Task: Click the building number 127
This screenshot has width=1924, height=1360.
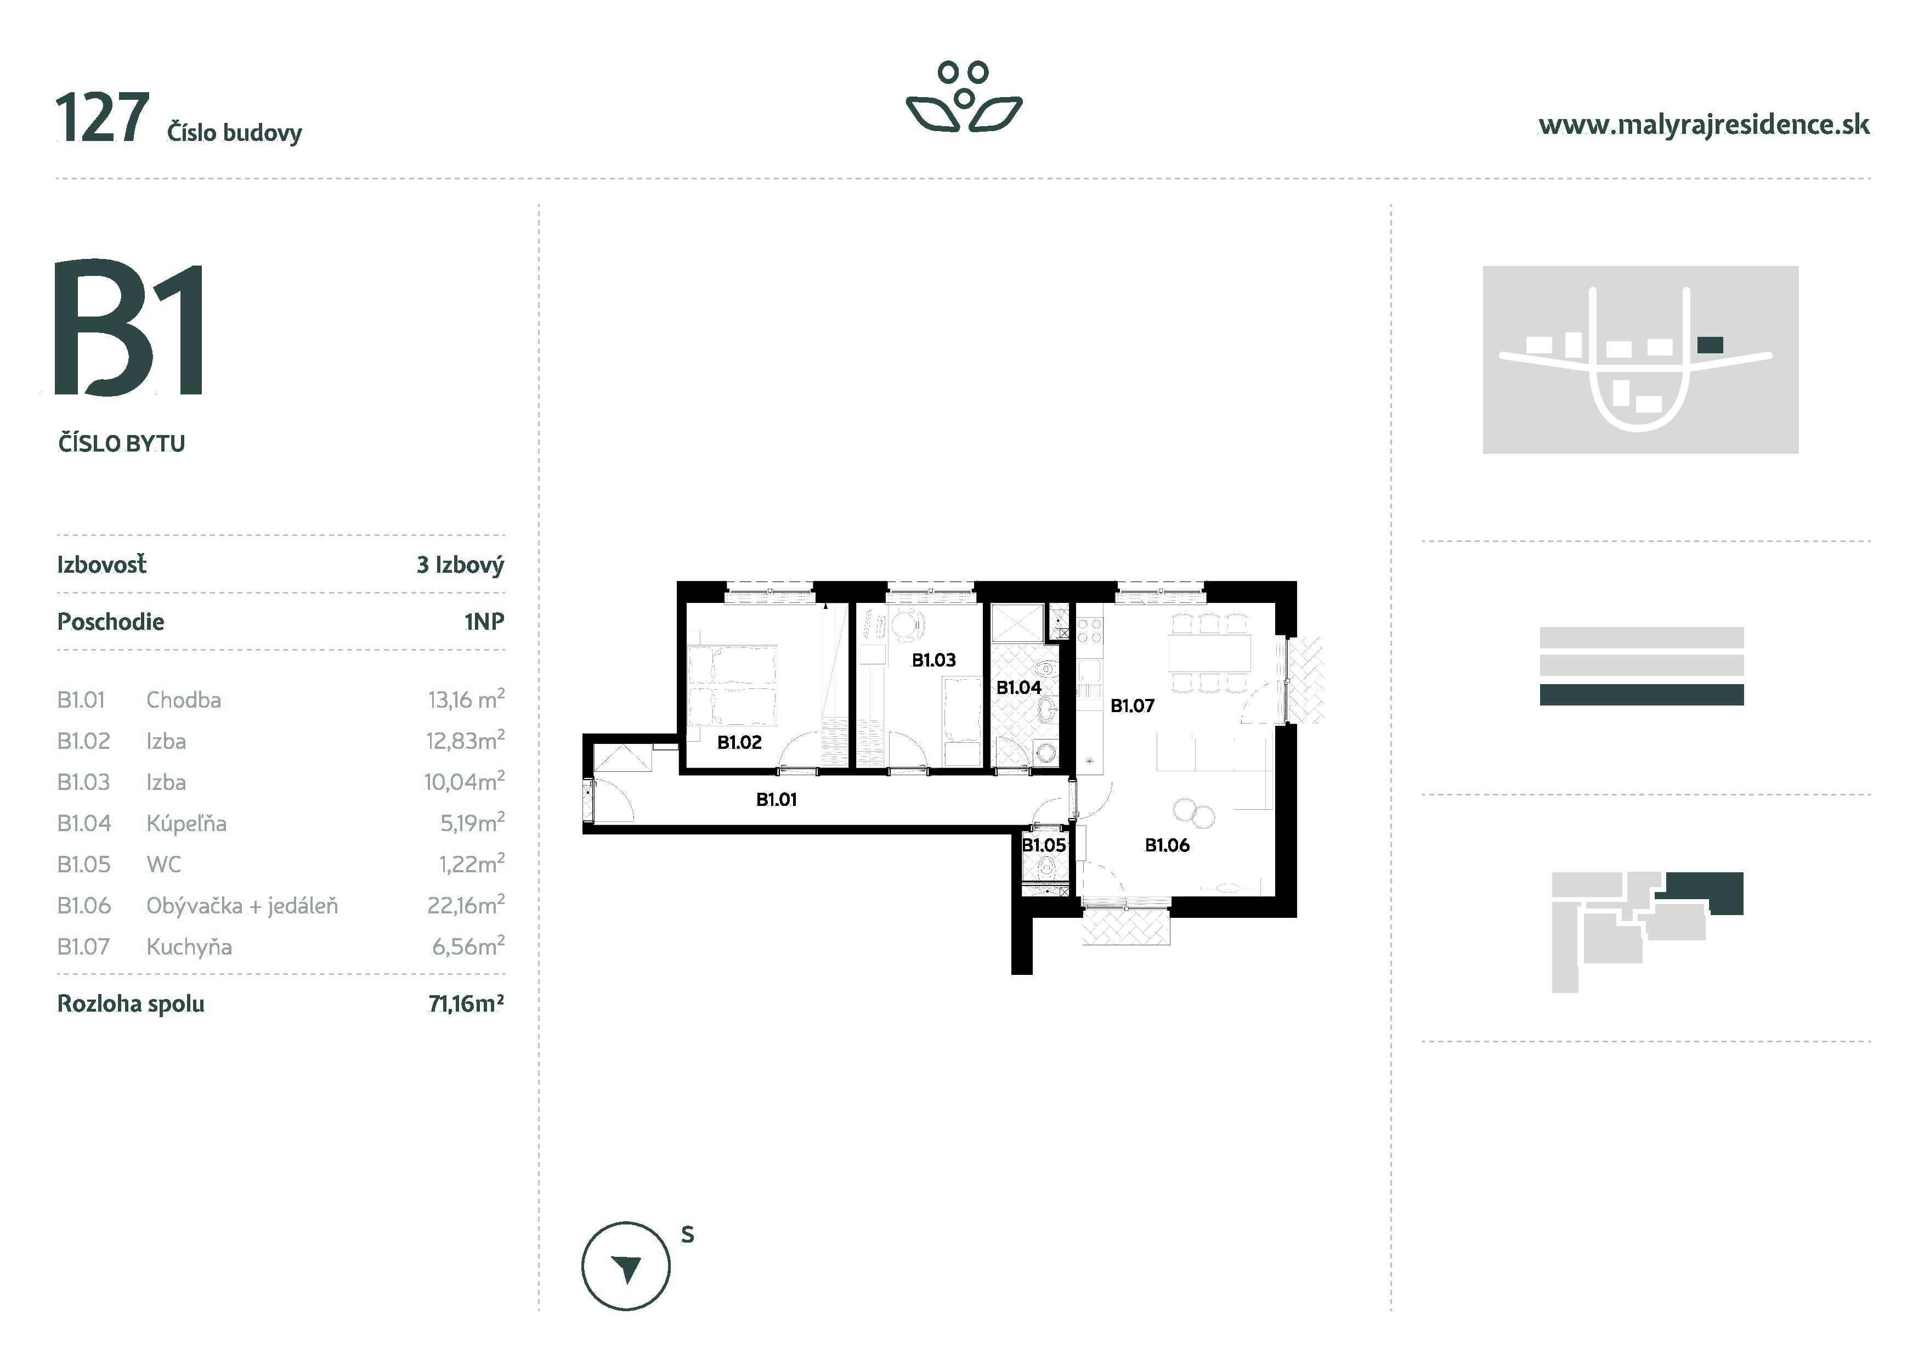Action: pos(102,120)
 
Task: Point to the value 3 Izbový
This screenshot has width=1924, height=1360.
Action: pos(460,565)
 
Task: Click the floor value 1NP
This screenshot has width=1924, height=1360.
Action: pos(484,622)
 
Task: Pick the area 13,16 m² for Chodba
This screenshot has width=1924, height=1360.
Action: pos(466,699)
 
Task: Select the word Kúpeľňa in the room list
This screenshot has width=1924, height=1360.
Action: pos(186,823)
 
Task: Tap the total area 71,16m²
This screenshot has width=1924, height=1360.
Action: pos(466,1004)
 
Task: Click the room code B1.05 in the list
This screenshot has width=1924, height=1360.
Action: pos(84,864)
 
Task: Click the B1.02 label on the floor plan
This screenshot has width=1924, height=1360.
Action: pos(739,742)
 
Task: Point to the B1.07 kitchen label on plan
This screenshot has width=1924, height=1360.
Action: pos(1132,707)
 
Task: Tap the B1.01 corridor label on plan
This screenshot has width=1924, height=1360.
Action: pos(776,799)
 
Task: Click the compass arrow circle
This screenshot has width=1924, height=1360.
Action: pos(625,1267)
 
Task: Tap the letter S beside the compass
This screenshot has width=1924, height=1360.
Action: pos(687,1234)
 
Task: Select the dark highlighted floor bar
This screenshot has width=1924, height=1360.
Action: pos(1641,695)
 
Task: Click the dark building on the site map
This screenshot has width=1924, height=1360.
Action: pos(1710,345)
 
